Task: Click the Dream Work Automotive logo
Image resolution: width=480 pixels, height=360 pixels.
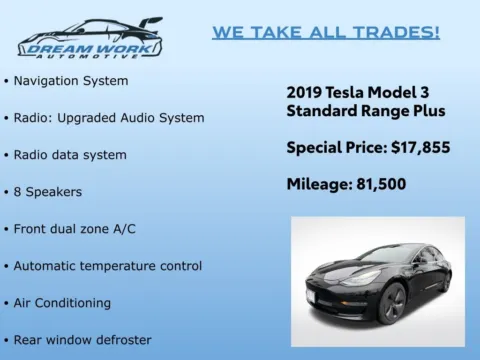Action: tap(90, 38)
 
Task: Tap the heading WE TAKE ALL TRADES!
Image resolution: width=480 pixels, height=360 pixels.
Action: tap(325, 32)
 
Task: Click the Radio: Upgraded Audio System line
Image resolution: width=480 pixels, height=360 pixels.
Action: tap(108, 117)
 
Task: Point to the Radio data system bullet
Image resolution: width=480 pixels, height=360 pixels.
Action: tap(70, 154)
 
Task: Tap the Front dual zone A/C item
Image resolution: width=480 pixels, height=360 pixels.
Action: tap(75, 228)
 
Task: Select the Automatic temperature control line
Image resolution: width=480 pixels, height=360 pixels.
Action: tap(107, 265)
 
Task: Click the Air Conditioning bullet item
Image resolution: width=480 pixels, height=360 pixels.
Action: tap(62, 302)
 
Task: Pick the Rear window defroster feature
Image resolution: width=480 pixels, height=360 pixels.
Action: tap(82, 339)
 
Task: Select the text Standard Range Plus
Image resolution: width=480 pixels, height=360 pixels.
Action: tap(365, 110)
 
